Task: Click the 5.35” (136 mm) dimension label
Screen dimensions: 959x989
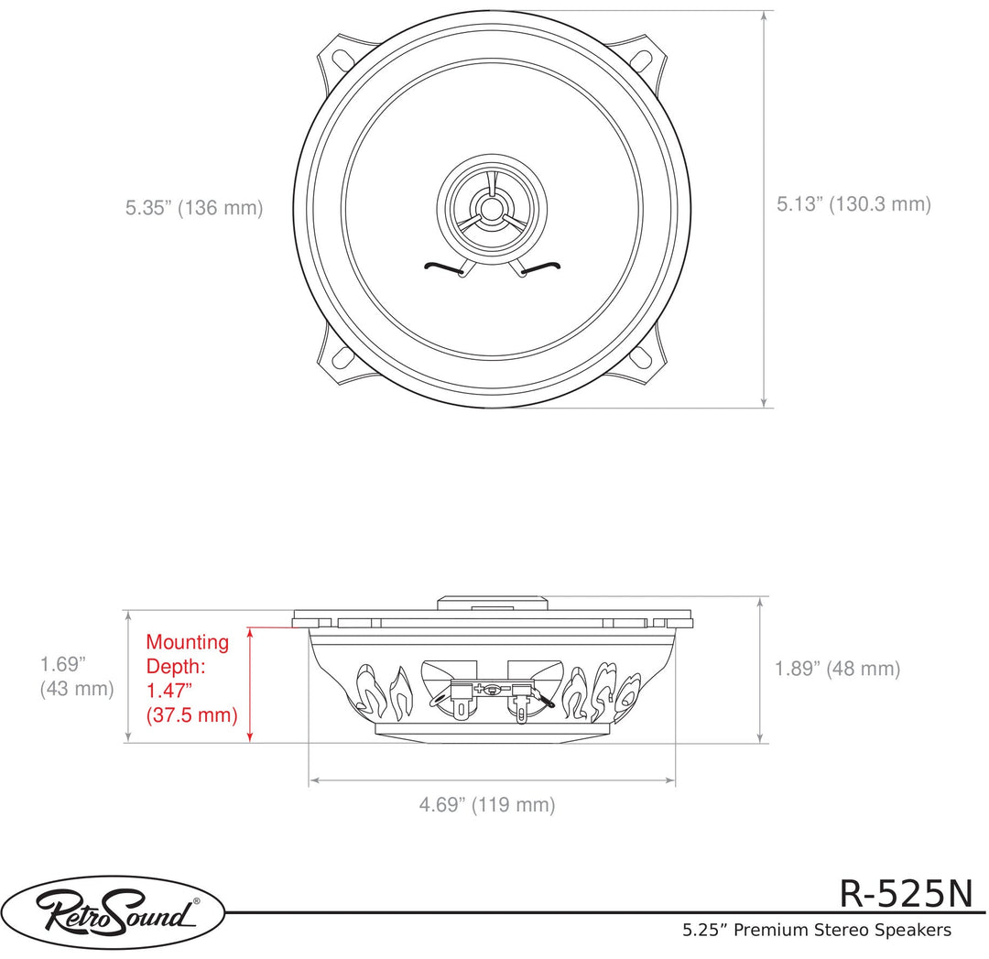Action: (194, 208)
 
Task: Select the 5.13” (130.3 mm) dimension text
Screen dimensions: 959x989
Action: (853, 204)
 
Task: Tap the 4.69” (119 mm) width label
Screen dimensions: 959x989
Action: (487, 805)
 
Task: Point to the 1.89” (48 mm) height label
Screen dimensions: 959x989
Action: (837, 669)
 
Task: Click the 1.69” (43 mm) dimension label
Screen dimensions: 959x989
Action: (76, 675)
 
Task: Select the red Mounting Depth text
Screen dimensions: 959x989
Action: (190, 679)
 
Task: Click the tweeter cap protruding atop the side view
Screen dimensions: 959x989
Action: (492, 603)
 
